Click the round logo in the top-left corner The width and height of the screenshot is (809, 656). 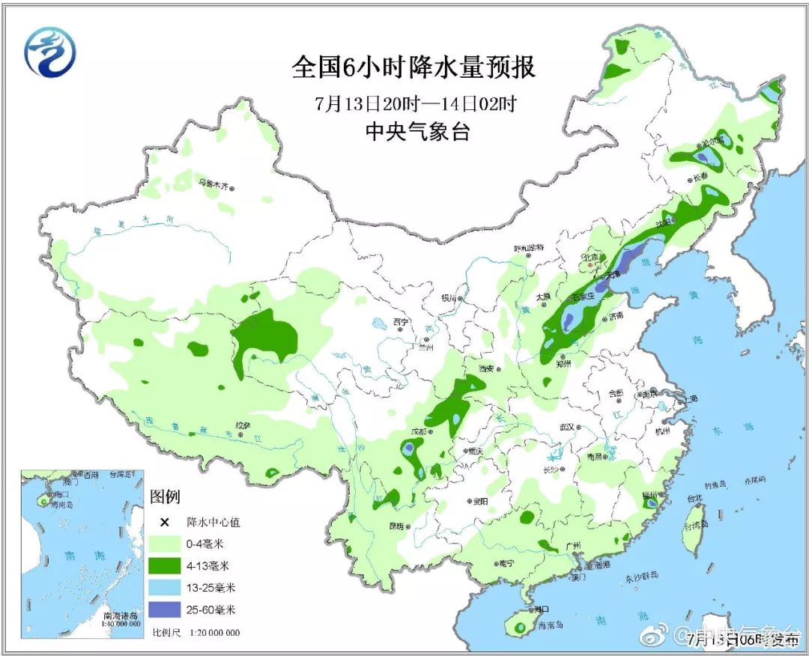point(50,53)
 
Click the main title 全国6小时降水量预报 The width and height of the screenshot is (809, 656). point(413,68)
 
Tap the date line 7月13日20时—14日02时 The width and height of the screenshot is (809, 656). point(415,103)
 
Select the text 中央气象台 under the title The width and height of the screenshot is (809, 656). point(416,133)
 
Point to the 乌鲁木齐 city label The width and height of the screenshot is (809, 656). point(212,182)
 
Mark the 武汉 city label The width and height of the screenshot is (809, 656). point(566,427)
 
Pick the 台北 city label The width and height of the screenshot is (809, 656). point(694,498)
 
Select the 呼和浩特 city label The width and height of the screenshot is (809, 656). point(527,248)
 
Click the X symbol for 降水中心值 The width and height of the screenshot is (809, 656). point(161,522)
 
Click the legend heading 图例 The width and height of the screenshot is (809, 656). point(165,496)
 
